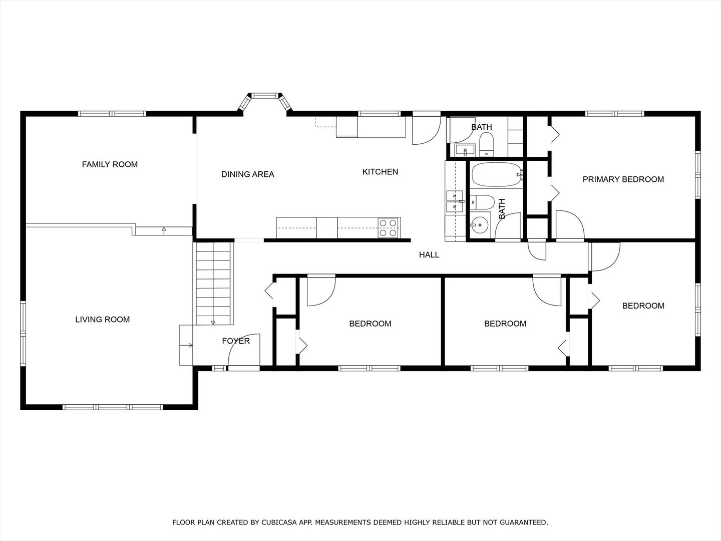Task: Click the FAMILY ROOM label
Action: tap(110, 164)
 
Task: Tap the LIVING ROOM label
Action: tap(103, 319)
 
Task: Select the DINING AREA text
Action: tap(248, 174)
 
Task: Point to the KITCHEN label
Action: tap(380, 171)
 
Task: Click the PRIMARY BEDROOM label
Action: tap(623, 179)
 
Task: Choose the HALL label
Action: tap(429, 254)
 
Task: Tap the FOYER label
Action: tap(236, 341)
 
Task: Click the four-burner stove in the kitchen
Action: tap(389, 227)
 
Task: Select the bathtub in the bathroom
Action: tap(496, 175)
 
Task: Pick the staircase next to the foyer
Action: tap(213, 284)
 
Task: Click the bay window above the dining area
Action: tap(265, 100)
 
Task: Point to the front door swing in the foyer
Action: tap(244, 350)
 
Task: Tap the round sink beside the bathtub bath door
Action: tap(480, 225)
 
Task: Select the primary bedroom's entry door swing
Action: tap(570, 225)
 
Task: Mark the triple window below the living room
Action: tap(113, 407)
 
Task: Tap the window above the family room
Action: tap(112, 114)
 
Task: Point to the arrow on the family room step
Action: tap(164, 230)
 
